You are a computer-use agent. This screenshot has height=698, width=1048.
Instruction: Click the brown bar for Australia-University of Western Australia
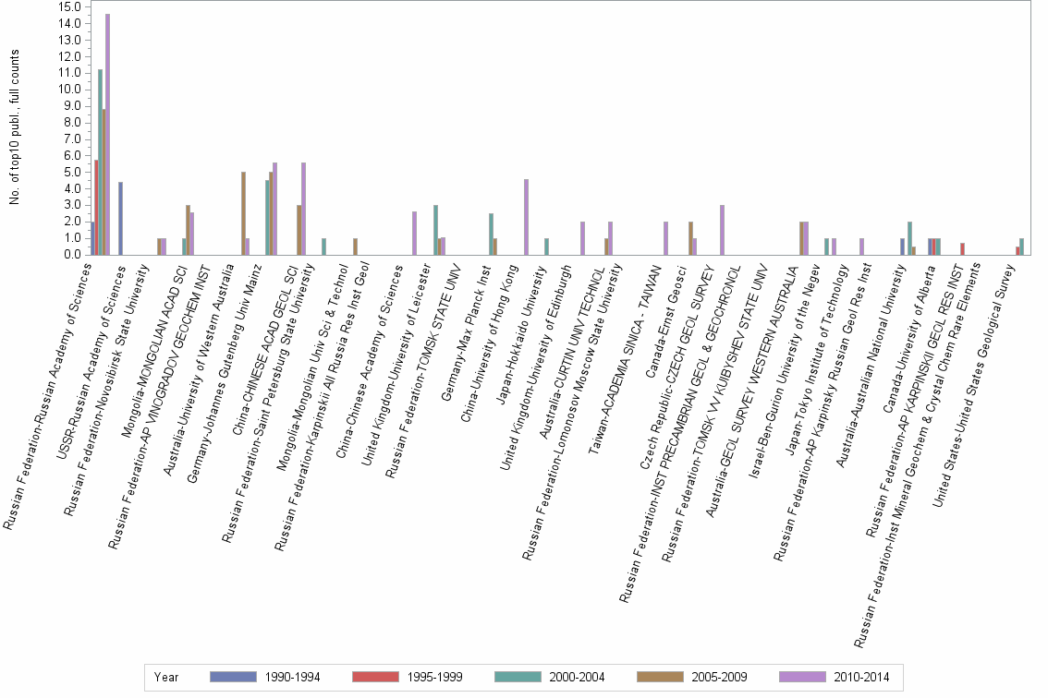243,213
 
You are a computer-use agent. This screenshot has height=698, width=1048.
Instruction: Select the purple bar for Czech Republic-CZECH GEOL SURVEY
721,230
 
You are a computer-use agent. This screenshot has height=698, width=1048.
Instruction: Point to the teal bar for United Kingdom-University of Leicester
435,230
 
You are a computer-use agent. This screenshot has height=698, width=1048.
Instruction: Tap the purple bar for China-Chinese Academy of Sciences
414,233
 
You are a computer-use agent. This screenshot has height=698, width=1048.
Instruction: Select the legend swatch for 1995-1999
376,677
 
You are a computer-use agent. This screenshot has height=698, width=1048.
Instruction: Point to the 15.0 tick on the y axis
69,6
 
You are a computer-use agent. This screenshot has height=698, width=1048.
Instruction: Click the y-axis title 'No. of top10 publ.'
14,129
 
